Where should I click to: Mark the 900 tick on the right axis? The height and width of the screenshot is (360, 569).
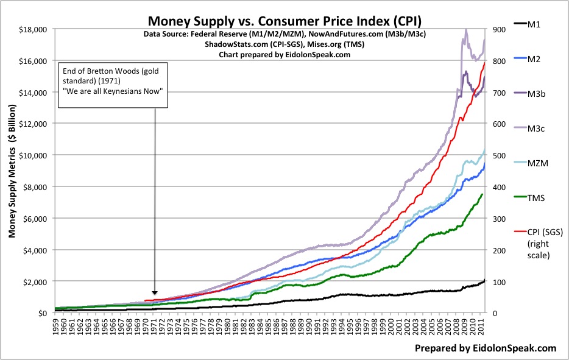[495, 29]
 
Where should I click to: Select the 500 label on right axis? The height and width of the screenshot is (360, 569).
[495, 155]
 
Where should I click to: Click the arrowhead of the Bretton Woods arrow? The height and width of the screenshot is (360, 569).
[155, 294]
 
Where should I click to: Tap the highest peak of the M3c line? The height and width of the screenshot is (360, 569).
[466, 29]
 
